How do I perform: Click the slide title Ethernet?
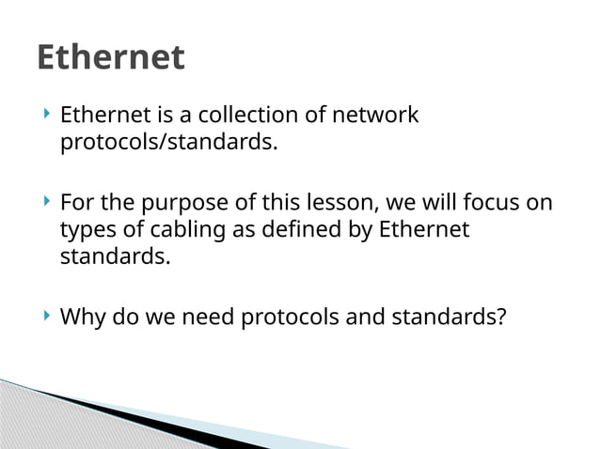point(111,57)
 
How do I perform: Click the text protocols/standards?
point(169,144)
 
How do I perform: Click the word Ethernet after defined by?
point(423,229)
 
